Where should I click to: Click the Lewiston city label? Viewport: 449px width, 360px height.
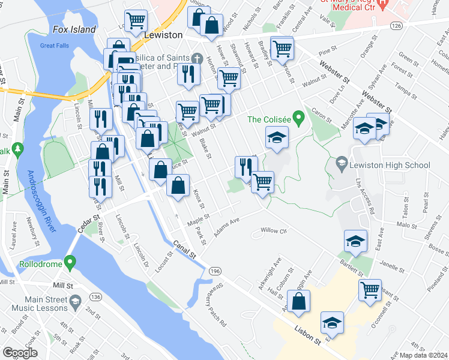click(x=163, y=35)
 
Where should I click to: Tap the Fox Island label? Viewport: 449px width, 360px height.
click(x=74, y=29)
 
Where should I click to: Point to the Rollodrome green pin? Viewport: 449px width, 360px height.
click(x=70, y=262)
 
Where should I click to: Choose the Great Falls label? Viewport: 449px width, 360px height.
click(x=55, y=46)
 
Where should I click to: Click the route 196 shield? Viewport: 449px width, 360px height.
click(x=215, y=272)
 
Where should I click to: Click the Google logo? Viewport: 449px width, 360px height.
click(x=20, y=352)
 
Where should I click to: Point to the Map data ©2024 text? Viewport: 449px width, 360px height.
click(x=423, y=355)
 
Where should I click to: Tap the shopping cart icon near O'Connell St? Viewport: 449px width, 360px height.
click(x=370, y=290)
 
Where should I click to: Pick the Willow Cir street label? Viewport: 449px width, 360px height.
click(x=274, y=231)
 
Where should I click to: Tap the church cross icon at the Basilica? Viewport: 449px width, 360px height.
click(x=196, y=59)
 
